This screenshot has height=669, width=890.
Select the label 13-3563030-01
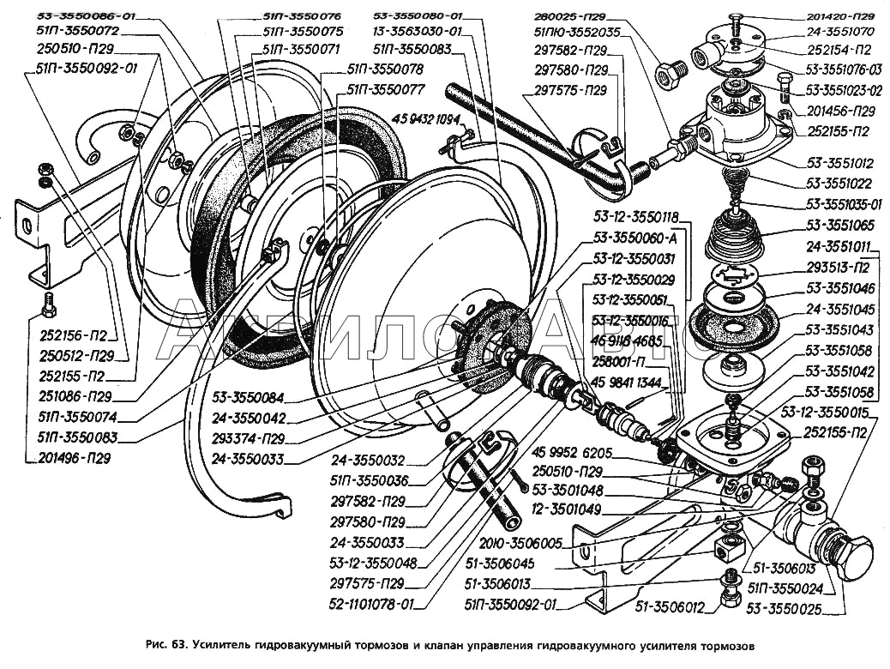click(x=418, y=33)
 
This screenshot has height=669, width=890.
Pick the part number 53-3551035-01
click(x=845, y=205)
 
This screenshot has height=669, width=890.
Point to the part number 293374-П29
click(x=250, y=438)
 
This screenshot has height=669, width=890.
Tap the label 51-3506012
click(x=670, y=608)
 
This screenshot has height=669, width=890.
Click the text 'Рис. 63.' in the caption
click(x=168, y=645)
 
